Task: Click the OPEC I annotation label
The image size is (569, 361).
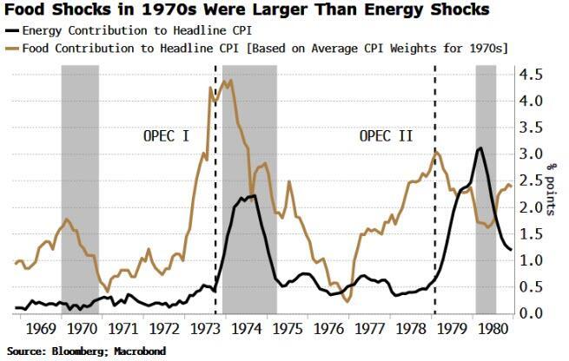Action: [167, 136]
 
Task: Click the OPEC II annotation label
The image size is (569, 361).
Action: [386, 136]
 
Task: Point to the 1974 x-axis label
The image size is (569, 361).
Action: [249, 331]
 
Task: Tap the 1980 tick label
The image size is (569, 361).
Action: [497, 331]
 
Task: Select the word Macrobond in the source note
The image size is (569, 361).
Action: [142, 351]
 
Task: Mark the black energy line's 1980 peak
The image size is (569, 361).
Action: [480, 148]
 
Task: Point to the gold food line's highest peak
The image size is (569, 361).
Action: [228, 81]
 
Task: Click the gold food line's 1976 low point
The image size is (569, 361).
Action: [347, 302]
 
